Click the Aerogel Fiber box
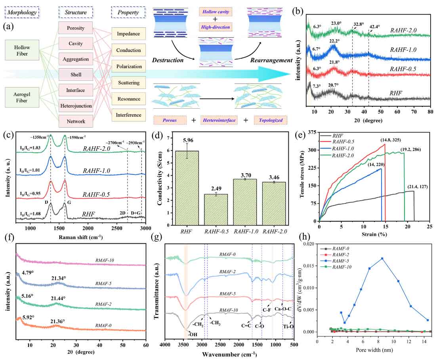point(23,98)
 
